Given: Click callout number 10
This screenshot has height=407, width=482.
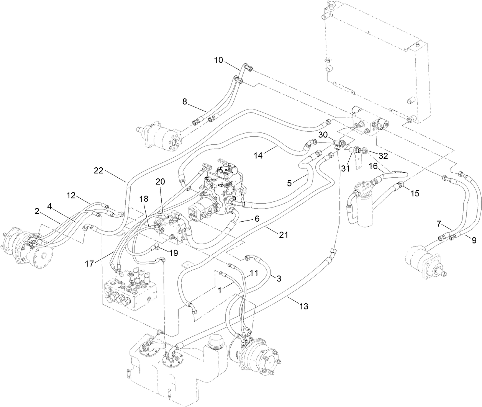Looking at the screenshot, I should (218, 60).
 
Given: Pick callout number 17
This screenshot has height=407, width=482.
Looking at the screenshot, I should (89, 264).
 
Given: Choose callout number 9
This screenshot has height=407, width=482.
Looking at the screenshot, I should (474, 240).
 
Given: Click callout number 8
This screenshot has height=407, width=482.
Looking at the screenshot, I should (185, 101).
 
